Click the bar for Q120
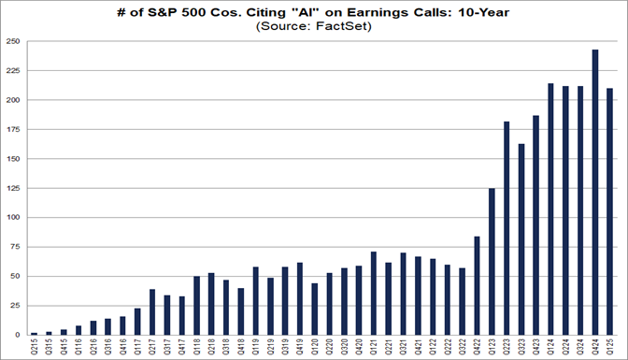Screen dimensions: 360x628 314,309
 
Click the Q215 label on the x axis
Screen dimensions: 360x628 35,347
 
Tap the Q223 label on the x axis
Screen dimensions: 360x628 507,347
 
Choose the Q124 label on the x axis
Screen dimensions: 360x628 550,347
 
